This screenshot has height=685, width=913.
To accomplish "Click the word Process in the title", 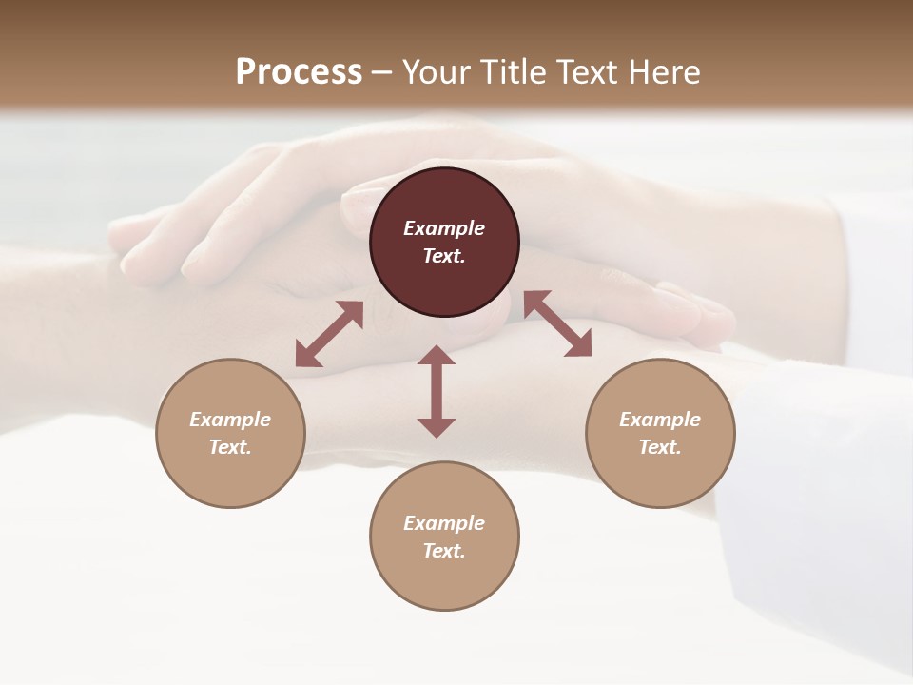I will point(299,71).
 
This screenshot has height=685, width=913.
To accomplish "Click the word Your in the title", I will point(437,71).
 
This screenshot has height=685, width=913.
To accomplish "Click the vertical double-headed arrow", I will point(437,391).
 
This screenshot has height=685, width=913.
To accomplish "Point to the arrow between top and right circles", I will point(558,324).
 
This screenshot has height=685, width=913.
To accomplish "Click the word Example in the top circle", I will point(444,228).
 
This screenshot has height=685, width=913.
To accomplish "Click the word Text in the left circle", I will point(230,447).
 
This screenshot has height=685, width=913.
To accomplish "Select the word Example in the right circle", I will point(660,420).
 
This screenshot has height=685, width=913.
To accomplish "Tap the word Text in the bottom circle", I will point(444,551).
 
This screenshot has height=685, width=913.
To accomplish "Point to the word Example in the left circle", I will point(230,420).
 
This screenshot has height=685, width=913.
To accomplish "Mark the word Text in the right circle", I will point(660,447).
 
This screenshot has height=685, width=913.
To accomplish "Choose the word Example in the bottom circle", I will point(444,523).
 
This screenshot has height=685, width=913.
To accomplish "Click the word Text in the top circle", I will point(444,256).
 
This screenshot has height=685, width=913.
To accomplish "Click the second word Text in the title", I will point(585,71).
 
